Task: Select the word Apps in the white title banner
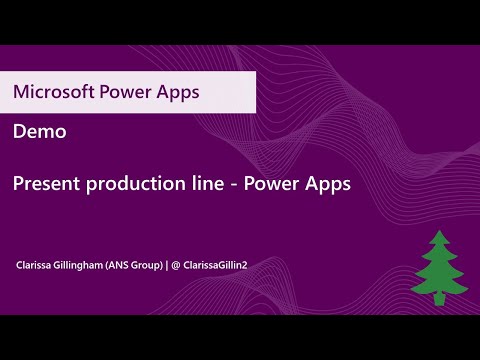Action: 178,92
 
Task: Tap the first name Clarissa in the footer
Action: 36,266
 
